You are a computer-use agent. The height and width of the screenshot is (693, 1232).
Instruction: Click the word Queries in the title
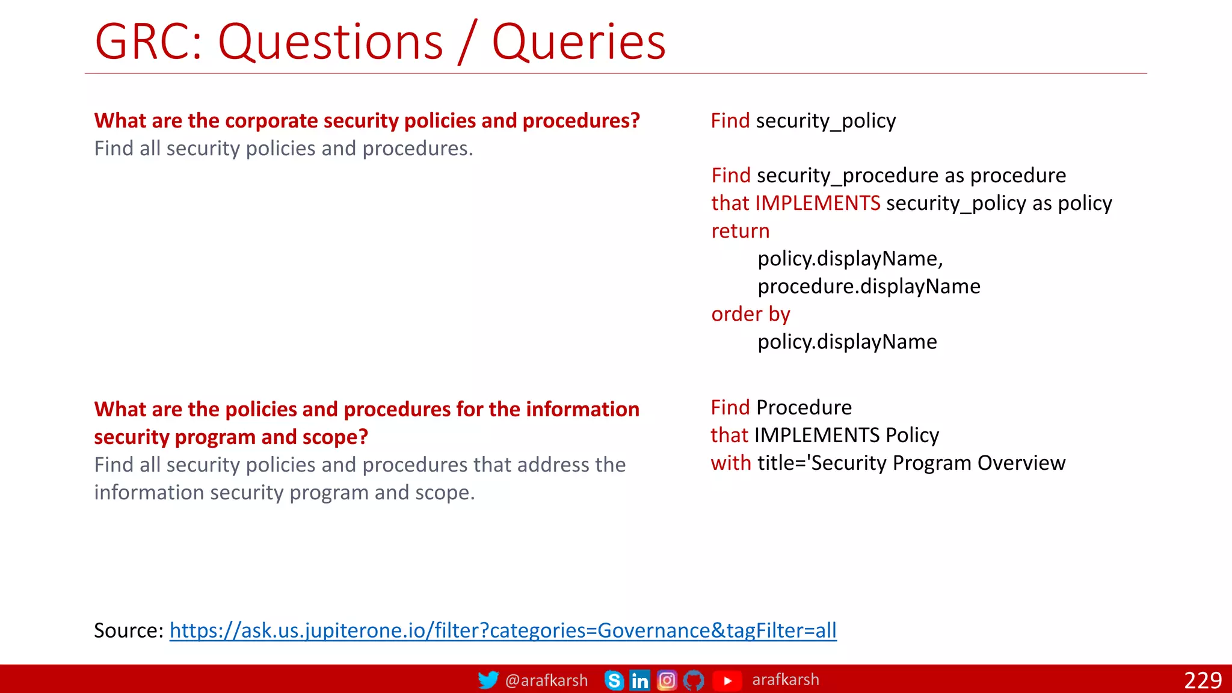click(x=579, y=42)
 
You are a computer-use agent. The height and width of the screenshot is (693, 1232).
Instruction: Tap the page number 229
click(x=1203, y=680)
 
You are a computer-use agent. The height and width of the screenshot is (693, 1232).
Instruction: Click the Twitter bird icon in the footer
click(x=488, y=680)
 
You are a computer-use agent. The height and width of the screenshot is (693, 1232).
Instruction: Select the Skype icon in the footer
click(x=614, y=680)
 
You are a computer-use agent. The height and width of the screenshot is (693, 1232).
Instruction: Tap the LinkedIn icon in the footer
click(x=639, y=680)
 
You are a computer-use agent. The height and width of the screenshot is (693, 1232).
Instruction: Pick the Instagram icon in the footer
click(x=667, y=680)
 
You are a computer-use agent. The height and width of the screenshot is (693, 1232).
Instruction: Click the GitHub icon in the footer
click(x=694, y=680)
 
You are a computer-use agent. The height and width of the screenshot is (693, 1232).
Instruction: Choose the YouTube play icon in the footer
click(x=727, y=680)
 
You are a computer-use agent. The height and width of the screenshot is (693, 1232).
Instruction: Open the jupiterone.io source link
click(x=503, y=630)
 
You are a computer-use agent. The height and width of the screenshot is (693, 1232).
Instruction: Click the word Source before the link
click(x=128, y=630)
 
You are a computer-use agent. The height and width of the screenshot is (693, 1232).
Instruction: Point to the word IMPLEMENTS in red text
click(x=818, y=203)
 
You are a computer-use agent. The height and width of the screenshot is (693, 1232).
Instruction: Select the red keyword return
click(x=740, y=231)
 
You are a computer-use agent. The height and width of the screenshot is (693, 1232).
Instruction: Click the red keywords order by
click(x=750, y=314)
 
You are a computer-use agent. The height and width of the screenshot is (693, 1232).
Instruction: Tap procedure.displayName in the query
click(x=869, y=286)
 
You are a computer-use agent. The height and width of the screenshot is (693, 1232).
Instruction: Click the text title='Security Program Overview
click(x=911, y=463)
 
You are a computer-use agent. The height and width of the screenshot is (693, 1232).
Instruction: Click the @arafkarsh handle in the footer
click(x=546, y=680)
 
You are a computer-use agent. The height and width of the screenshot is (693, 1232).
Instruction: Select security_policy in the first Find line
click(x=826, y=121)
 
